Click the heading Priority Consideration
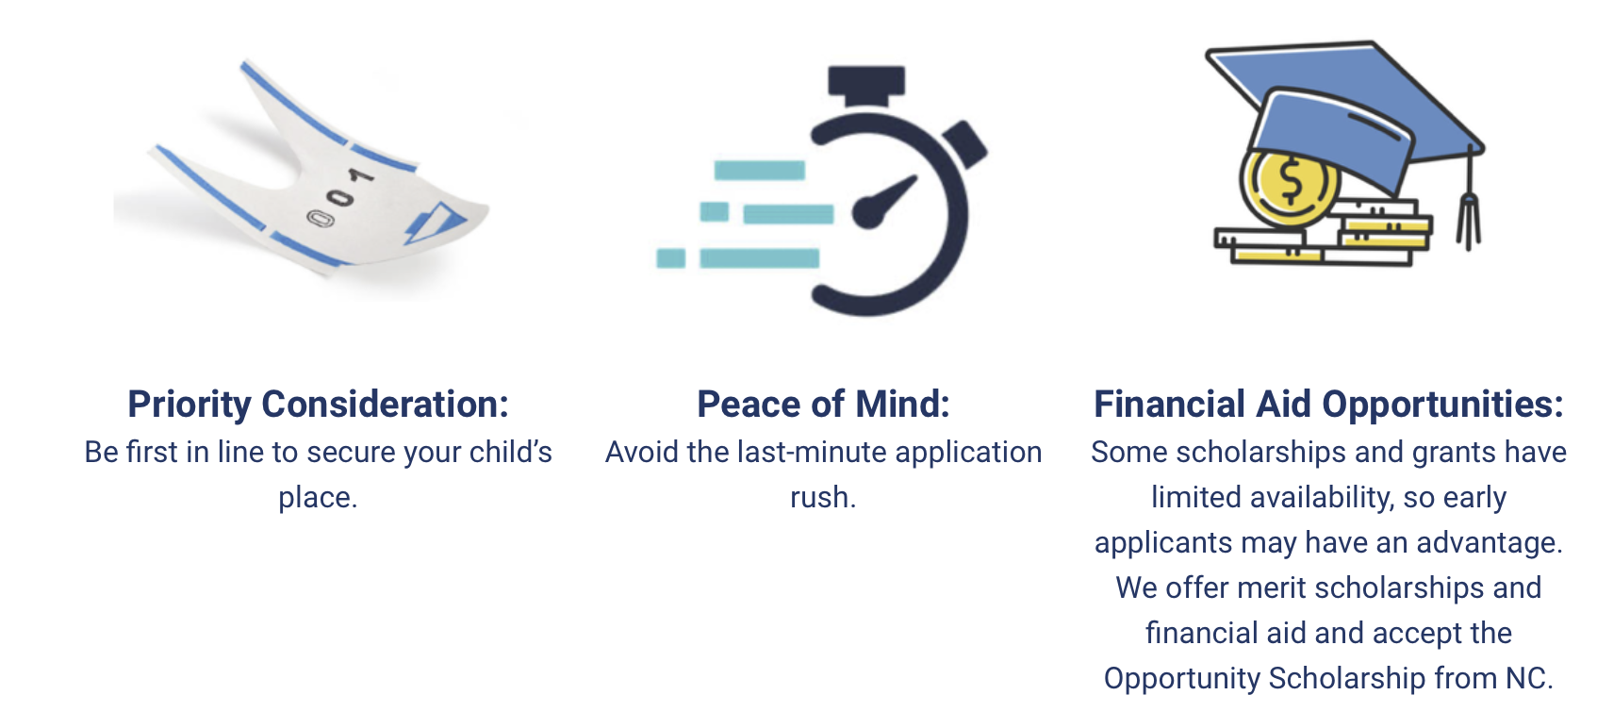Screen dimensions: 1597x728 [x=318, y=405]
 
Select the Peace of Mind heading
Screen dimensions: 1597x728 [x=823, y=405]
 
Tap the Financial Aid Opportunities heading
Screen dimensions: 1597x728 [x=1328, y=405]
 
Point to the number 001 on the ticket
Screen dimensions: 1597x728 [x=339, y=197]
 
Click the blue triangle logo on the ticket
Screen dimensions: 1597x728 [x=435, y=223]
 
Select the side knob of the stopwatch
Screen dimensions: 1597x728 [x=965, y=144]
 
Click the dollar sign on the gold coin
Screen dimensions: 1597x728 [x=1292, y=181]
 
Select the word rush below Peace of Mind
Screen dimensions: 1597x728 [x=823, y=497]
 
